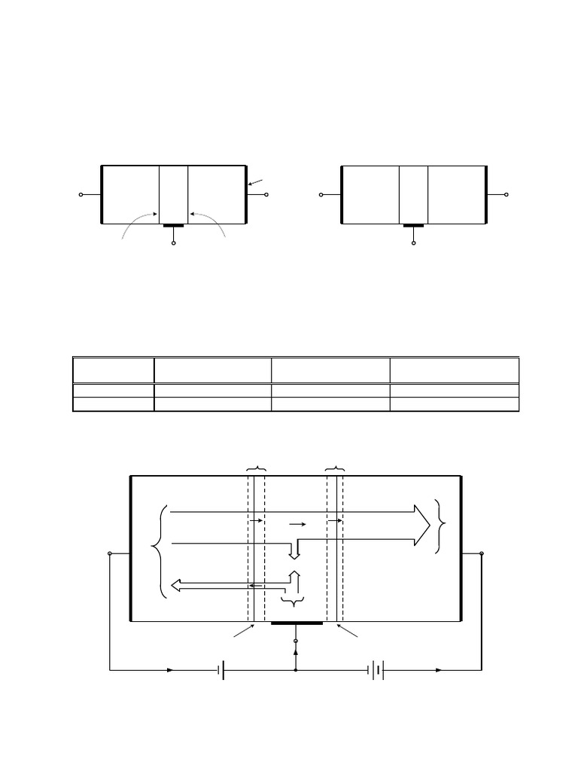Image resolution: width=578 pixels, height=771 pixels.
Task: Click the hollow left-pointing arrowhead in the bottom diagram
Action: click(178, 585)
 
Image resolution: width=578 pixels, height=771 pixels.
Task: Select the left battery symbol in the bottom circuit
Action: click(221, 669)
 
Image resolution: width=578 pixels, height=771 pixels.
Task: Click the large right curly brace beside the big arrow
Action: click(440, 526)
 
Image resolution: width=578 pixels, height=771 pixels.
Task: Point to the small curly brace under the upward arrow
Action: click(292, 602)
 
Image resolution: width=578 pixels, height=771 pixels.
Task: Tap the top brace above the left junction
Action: click(256, 469)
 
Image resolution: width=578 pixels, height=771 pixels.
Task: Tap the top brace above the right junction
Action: click(335, 469)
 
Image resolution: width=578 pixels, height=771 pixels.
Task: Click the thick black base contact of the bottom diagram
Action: click(297, 623)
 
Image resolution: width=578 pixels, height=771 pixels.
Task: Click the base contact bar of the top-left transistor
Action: click(174, 224)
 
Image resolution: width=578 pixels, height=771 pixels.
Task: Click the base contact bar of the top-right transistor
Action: click(413, 224)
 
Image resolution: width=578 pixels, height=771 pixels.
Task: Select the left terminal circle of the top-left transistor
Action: click(81, 195)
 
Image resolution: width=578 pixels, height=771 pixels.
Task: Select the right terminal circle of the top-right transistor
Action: click(508, 195)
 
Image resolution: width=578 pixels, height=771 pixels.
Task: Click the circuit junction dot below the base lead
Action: click(296, 669)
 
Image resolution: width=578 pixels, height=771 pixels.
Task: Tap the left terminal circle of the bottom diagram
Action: click(111, 553)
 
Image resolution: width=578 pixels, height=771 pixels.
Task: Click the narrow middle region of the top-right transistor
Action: click(413, 194)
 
